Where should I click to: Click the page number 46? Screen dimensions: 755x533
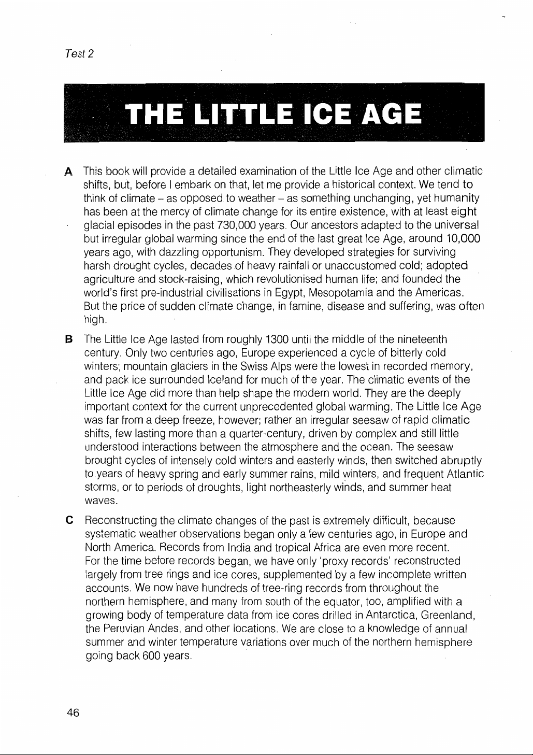[73, 713]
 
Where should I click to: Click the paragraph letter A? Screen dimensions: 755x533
[67, 172]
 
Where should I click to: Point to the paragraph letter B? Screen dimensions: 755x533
[67, 339]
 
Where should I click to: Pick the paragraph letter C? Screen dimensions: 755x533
[67, 520]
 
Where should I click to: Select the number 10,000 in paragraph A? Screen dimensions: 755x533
[464, 239]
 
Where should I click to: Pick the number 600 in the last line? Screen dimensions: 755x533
[151, 656]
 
